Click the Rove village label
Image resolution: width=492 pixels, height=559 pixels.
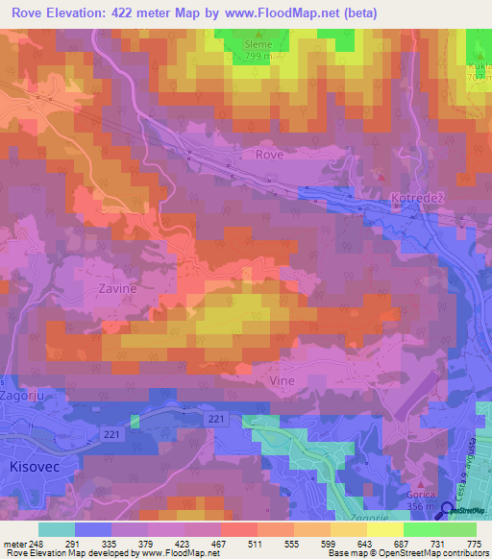(x=269, y=154)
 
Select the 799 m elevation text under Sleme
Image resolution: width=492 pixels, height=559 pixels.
(x=259, y=56)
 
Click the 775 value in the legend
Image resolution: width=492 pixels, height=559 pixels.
(x=473, y=544)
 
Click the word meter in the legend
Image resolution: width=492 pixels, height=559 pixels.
(x=13, y=544)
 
